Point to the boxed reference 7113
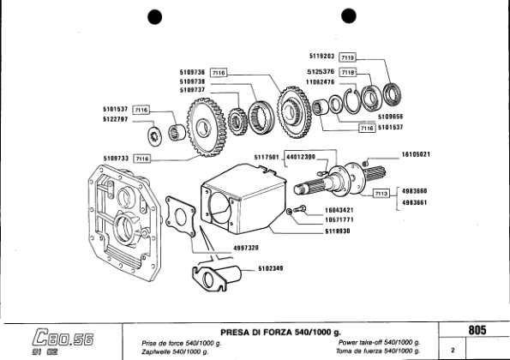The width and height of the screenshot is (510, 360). click(381, 194)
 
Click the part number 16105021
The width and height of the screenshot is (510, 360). click(415, 154)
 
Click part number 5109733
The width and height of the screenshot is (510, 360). click(116, 159)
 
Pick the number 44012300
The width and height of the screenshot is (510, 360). click(300, 157)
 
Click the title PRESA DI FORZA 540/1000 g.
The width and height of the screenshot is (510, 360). click(280, 331)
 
